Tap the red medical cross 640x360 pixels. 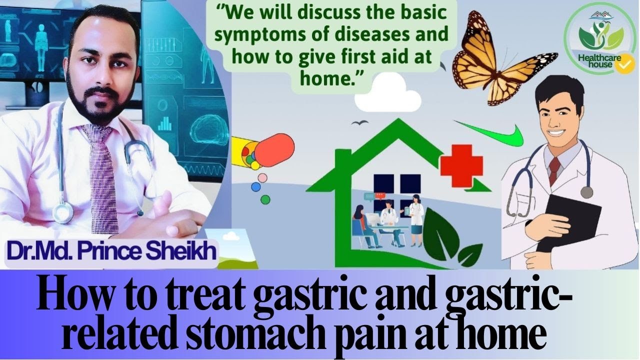coord(461,165)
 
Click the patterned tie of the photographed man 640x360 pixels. coord(102,175)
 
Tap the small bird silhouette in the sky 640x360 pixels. coord(356,122)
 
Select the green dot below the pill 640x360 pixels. coord(265,199)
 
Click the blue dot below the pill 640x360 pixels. coord(256,187)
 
